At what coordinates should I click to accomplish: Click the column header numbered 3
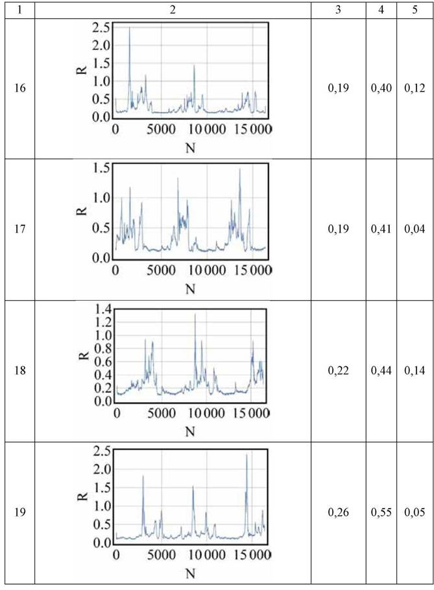(x=338, y=10)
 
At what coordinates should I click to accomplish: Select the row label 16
(x=20, y=88)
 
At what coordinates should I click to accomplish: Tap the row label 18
(x=20, y=370)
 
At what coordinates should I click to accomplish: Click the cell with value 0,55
(x=381, y=512)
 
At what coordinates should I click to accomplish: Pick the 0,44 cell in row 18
(x=381, y=370)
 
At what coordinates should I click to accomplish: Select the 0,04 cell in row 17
(x=415, y=229)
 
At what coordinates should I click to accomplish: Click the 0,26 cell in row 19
(x=338, y=512)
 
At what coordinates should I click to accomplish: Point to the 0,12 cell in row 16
(x=415, y=88)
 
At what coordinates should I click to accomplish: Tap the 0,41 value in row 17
(x=381, y=229)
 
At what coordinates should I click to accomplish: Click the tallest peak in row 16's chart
(x=130, y=28)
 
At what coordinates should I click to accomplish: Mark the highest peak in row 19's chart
(x=247, y=455)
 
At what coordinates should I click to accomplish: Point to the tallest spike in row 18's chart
(x=195, y=314)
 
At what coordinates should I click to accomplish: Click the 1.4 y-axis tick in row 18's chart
(x=102, y=310)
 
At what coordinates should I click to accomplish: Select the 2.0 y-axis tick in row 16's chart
(x=101, y=45)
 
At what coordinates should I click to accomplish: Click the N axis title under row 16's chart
(x=191, y=148)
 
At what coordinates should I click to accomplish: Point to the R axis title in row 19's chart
(x=84, y=496)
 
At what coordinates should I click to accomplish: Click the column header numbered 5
(x=415, y=10)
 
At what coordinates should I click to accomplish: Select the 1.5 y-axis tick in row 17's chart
(x=101, y=168)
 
